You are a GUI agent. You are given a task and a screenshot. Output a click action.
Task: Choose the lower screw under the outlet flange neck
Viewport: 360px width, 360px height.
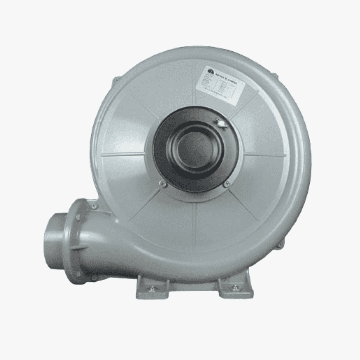click(x=94, y=276)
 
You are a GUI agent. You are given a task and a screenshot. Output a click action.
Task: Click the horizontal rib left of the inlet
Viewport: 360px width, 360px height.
click(x=123, y=154)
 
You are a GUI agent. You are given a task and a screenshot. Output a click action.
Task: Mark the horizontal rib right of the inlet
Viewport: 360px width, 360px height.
click(x=265, y=154)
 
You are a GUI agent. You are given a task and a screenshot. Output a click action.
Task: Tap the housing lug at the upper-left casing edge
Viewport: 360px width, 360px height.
click(x=116, y=80)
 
